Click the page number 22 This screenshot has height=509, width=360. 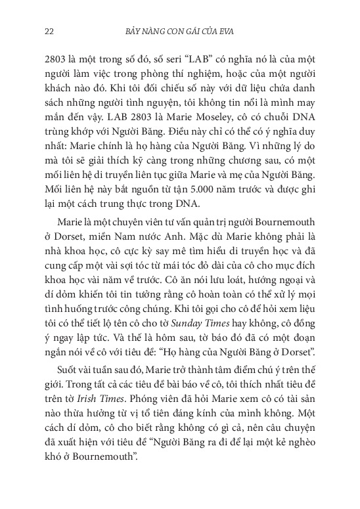click(48, 30)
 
